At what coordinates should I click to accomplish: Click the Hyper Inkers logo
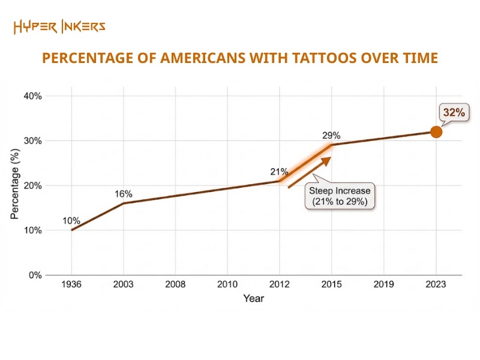59,26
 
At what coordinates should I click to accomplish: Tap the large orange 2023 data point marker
436,132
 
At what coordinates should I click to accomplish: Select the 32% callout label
453,112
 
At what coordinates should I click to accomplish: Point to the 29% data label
332,136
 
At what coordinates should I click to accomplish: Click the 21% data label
279,172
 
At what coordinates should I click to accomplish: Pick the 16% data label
124,194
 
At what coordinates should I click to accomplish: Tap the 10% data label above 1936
71,221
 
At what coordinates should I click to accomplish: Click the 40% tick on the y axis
32,96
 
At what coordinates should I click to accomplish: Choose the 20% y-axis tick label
32,185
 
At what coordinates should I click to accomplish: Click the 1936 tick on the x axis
71,285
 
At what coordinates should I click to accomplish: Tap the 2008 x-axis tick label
175,285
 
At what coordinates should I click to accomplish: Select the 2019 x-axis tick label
384,285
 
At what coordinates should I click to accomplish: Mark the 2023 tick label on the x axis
436,285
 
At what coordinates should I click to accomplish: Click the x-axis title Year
253,298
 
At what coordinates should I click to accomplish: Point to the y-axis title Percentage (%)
15,185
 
